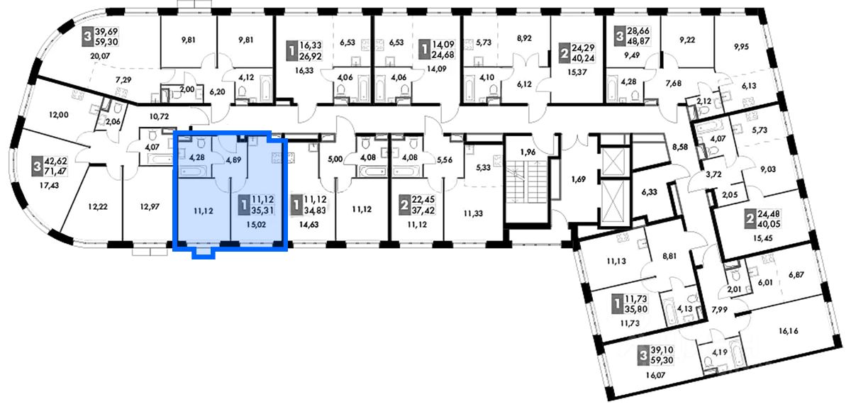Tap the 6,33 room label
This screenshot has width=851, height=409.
pos(648,191)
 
